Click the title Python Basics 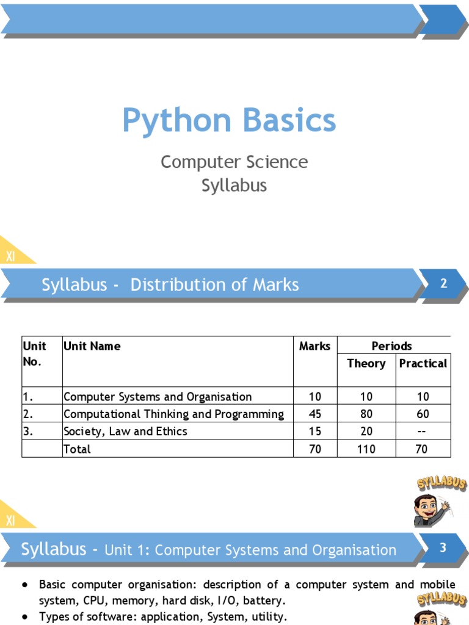point(229,120)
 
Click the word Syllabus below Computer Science point(234,185)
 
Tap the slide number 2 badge point(444,283)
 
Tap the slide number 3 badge point(444,547)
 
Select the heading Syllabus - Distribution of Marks point(170,285)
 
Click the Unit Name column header point(92,346)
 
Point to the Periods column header point(391,346)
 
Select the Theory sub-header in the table point(366,363)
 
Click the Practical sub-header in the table point(423,363)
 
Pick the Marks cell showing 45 point(315,414)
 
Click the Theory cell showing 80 point(366,414)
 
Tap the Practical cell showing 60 point(423,414)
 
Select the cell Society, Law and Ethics point(126,432)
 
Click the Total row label point(77,449)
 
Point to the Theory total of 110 point(366,449)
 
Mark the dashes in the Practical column point(423,432)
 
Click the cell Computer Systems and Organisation point(158,397)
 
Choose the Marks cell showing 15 point(315,432)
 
